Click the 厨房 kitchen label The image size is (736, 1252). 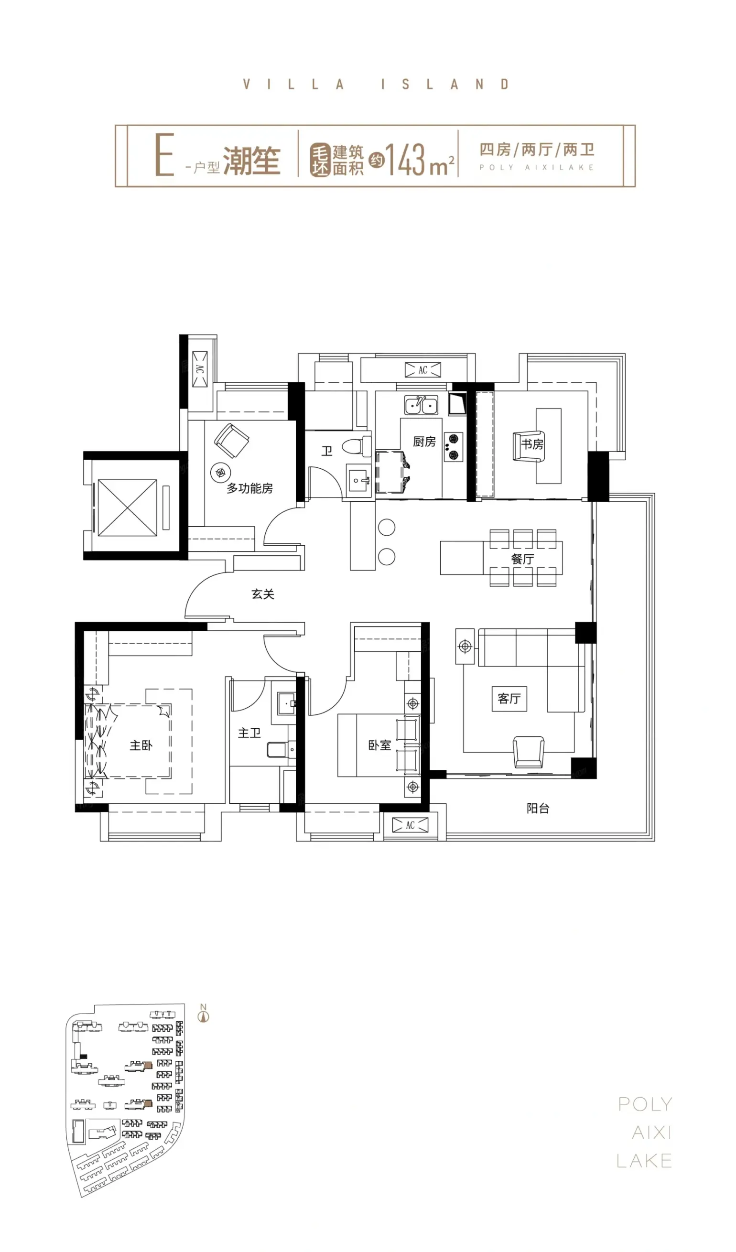(424, 441)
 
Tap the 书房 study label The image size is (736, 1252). (532, 443)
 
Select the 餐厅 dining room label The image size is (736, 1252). (522, 559)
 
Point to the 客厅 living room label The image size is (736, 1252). (509, 699)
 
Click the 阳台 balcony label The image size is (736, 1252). (538, 809)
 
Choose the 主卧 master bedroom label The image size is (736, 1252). (141, 745)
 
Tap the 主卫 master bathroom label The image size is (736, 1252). (249, 733)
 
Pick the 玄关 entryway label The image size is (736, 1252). (263, 594)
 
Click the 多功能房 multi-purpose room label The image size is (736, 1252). (250, 488)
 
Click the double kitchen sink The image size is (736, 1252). (421, 405)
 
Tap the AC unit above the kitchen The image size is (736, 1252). (422, 370)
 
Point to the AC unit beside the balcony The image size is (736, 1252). (410, 825)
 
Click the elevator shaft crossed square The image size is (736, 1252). (127, 508)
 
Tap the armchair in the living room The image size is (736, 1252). (528, 752)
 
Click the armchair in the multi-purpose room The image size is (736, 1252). (232, 441)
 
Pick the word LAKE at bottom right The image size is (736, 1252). (644, 1161)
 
